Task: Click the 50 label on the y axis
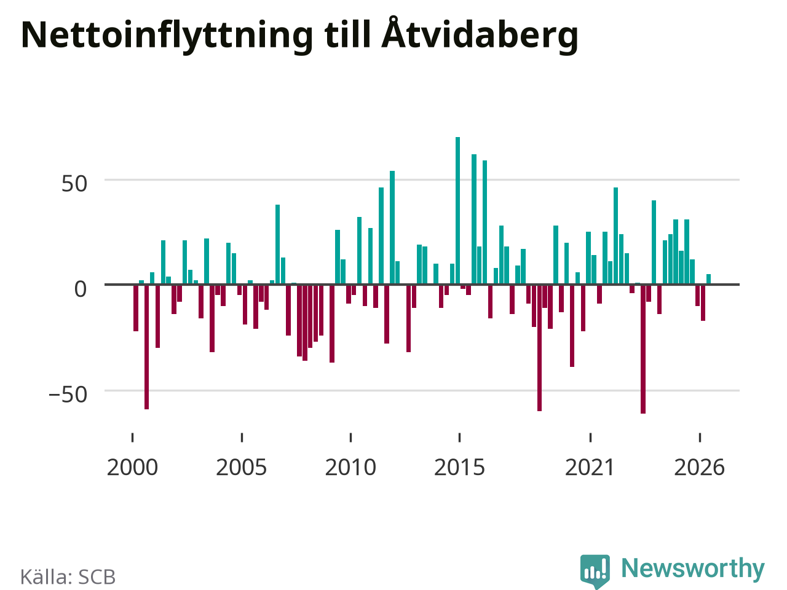coord(74,184)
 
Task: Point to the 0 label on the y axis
coord(81,289)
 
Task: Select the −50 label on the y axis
coord(68,395)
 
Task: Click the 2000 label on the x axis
coord(132,468)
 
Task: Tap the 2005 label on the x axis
coord(242,468)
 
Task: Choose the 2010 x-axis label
coord(350,468)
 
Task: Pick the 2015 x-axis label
coord(460,468)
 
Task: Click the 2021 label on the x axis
coord(590,468)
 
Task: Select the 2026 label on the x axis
coord(700,468)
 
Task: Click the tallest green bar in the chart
coord(458,211)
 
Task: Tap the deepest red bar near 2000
coord(147,347)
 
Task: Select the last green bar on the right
coord(708,280)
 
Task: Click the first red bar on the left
coord(136,308)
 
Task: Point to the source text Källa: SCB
coord(68,576)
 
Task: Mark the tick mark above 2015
coord(460,438)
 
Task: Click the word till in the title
coord(347,35)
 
